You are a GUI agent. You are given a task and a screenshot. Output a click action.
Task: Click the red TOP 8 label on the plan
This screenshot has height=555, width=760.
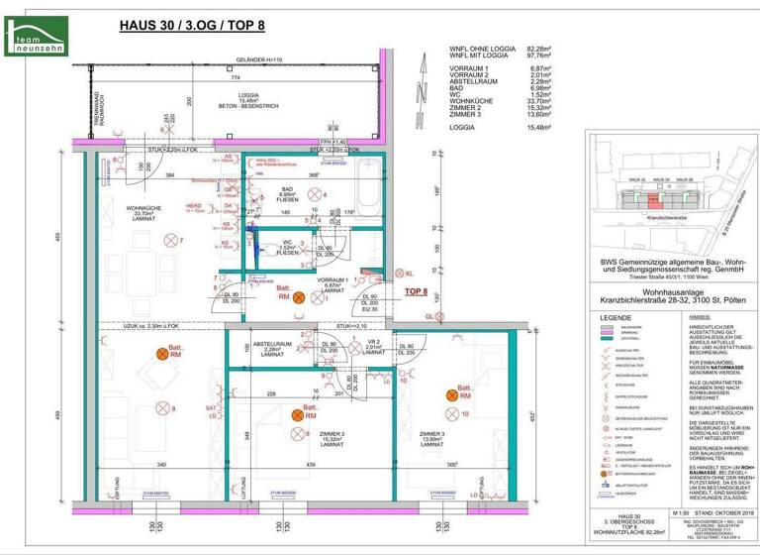416,292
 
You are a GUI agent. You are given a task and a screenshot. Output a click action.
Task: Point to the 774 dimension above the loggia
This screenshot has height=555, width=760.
236,75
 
